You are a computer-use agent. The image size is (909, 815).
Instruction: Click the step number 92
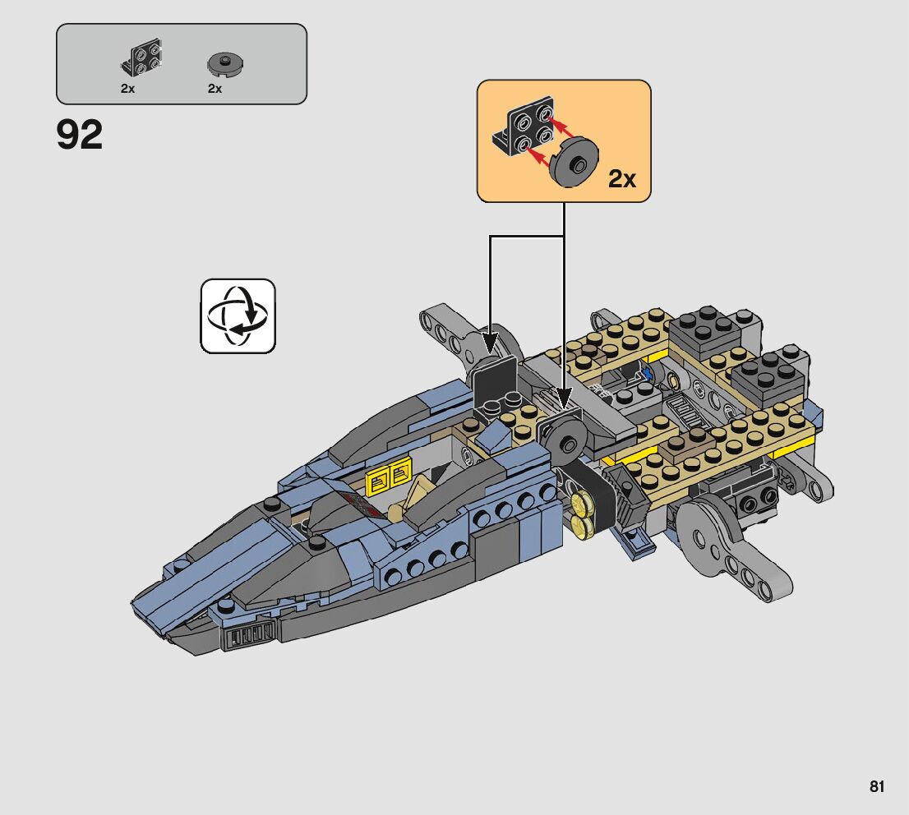click(x=80, y=136)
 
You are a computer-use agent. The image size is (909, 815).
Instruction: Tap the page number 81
click(x=877, y=787)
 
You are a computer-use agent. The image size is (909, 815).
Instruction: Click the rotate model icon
click(x=238, y=316)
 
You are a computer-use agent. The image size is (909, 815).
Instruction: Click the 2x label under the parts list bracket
click(x=127, y=89)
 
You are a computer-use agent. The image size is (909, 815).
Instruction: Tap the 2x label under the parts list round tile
click(x=215, y=89)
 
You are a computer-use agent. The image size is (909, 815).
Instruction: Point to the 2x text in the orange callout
click(x=622, y=178)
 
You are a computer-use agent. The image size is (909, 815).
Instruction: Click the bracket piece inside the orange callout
click(x=521, y=130)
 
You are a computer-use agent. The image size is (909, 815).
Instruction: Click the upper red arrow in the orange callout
click(x=559, y=126)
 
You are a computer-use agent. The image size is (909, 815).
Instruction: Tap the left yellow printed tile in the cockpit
click(x=379, y=479)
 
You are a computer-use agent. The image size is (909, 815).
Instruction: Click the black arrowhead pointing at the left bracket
click(x=491, y=338)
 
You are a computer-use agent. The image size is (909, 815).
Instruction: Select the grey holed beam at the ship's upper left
click(x=448, y=332)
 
